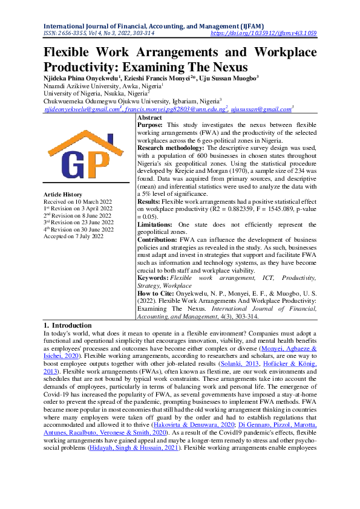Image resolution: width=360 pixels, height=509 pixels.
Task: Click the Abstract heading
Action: pyautogui.click(x=149, y=117)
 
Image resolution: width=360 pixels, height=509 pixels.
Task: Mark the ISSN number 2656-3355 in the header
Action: pyautogui.click(x=68, y=34)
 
